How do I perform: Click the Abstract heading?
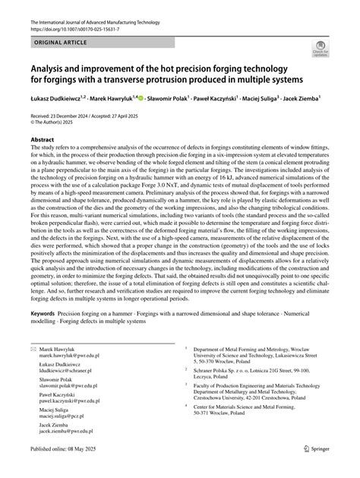click(x=42, y=140)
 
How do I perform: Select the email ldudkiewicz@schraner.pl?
click(x=71, y=370)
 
